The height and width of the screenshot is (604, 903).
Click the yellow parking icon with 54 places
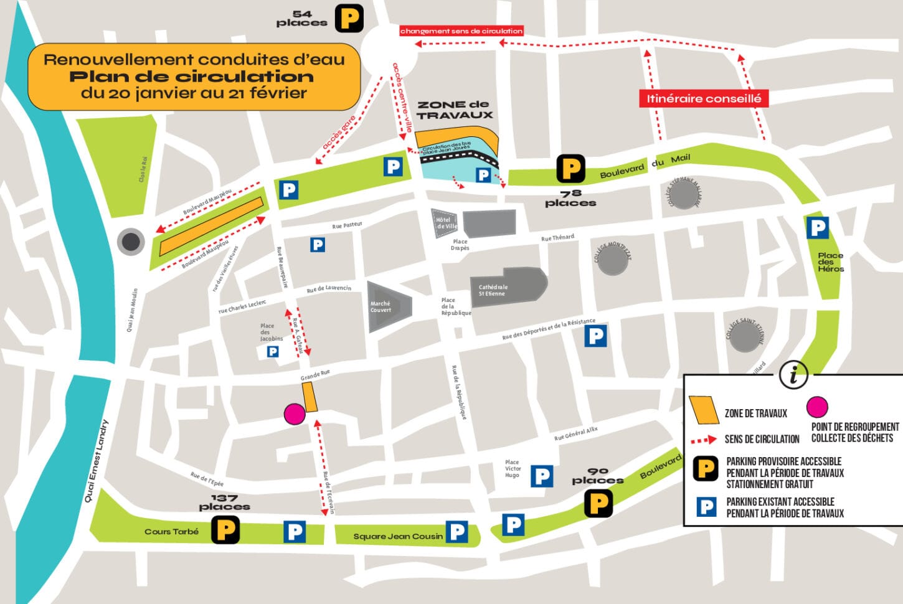click(349, 19)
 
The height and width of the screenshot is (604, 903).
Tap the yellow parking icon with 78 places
click(570, 169)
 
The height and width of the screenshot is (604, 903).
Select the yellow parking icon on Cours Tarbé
click(225, 530)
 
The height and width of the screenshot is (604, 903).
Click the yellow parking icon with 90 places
click(598, 503)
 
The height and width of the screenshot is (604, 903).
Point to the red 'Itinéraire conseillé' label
click(704, 98)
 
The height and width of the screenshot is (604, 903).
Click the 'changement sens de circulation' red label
click(461, 31)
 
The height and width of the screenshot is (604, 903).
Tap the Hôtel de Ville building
click(445, 224)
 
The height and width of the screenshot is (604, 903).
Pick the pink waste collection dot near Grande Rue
click(294, 414)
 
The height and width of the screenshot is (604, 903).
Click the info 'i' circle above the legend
click(793, 375)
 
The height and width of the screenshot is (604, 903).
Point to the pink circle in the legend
click(817, 407)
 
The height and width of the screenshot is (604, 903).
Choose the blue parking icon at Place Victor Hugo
click(542, 476)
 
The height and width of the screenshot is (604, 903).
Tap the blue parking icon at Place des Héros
click(817, 228)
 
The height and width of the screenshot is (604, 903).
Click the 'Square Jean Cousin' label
click(398, 536)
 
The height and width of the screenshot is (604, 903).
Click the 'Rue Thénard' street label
click(557, 238)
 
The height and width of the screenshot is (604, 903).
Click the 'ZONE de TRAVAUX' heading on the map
click(455, 110)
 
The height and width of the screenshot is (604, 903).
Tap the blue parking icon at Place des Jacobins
click(272, 352)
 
